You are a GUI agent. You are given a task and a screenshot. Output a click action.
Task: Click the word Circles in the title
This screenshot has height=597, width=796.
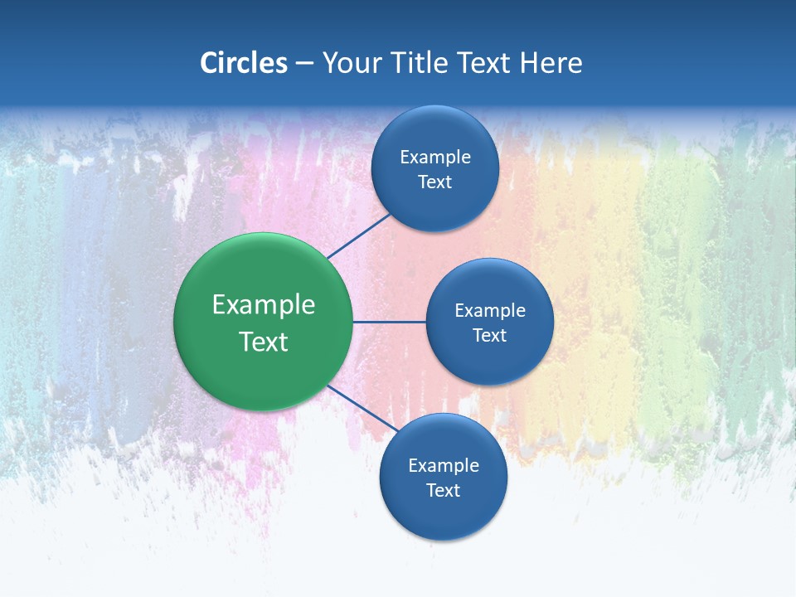click(244, 63)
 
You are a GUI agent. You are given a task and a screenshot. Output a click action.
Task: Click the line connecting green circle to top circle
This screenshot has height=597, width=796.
click(359, 236)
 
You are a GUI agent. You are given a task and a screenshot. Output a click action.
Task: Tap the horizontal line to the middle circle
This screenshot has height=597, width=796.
click(390, 322)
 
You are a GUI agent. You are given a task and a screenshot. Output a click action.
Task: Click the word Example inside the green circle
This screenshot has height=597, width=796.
click(264, 305)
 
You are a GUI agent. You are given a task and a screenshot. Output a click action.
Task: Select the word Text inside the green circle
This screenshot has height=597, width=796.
click(264, 342)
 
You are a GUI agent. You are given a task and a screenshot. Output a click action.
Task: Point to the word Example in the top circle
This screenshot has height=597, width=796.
click(435, 157)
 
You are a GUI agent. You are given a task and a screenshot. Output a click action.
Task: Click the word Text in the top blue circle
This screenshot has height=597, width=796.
click(434, 182)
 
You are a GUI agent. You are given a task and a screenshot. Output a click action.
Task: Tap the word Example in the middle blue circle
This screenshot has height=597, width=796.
click(490, 310)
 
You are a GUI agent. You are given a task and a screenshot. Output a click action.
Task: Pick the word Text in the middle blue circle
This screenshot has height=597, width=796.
click(489, 335)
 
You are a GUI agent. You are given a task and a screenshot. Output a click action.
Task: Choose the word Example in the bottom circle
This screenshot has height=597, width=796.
click(444, 465)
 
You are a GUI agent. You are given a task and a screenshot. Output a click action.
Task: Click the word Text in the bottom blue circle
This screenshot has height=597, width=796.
click(443, 490)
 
